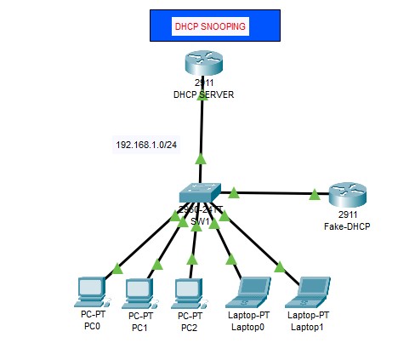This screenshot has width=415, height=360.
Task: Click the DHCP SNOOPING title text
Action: (210, 27)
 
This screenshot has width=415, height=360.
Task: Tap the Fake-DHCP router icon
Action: (346, 195)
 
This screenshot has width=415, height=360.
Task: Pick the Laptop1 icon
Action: (309, 292)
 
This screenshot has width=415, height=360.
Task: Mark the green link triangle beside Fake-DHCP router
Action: (315, 195)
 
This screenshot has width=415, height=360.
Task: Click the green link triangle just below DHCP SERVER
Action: (202, 97)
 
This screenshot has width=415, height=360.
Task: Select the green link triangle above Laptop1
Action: (279, 267)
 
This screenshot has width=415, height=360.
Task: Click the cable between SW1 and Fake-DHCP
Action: (272, 193)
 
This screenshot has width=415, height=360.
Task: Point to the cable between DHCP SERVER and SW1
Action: (202, 128)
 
